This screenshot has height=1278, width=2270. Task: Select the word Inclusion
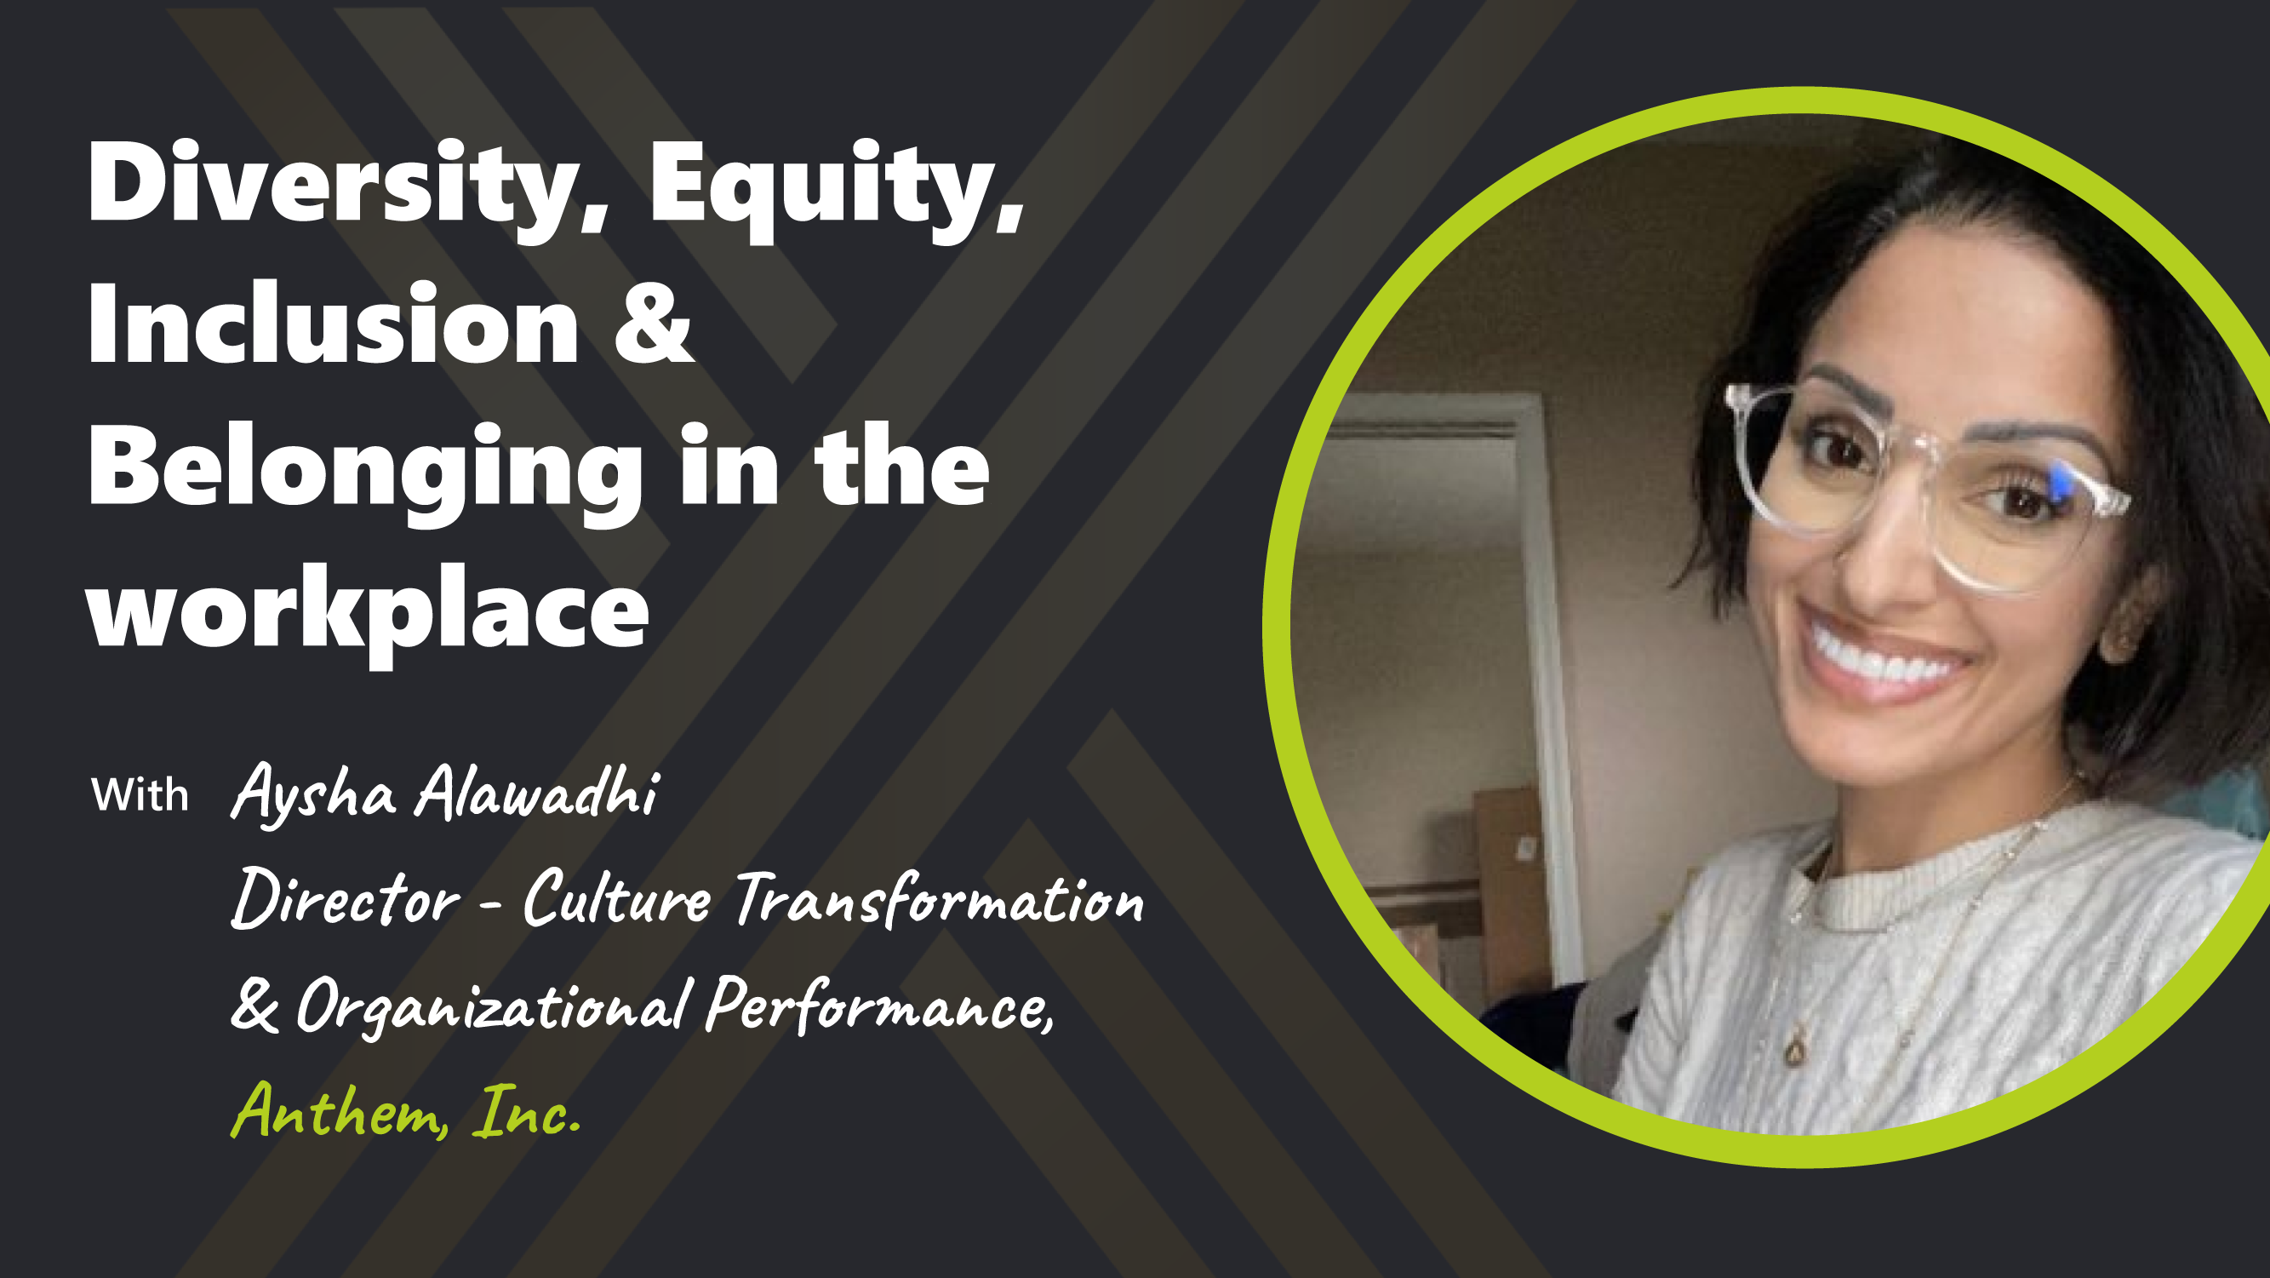333,326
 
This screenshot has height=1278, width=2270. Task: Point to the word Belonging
366,469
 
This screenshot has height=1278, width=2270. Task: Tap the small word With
140,795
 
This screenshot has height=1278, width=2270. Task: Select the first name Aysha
313,794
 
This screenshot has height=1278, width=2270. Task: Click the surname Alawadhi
538,792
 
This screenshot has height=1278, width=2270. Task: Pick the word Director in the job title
346,899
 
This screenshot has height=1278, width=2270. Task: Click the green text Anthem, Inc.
405,1112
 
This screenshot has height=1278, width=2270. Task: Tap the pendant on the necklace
1794,1051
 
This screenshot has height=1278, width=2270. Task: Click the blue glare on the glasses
2061,483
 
